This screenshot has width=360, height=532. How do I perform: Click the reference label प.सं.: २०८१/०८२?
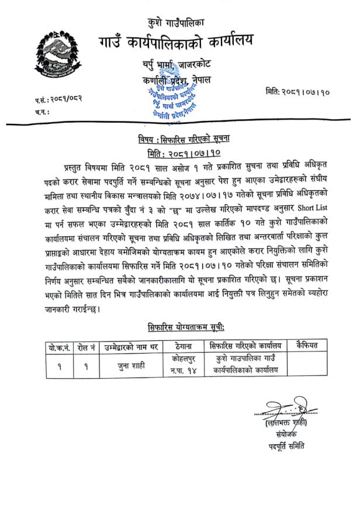[58, 99]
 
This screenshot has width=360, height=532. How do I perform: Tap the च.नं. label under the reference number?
[42, 110]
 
